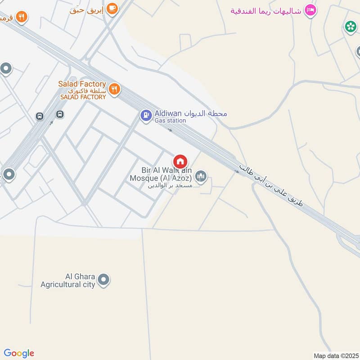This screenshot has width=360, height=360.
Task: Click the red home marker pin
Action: pos(180,161)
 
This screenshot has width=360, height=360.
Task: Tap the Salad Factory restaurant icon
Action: pos(114,89)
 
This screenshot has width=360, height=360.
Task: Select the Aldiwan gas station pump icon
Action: pos(146,116)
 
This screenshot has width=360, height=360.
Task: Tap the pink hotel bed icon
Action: pos(310,10)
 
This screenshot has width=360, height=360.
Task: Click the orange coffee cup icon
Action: pos(112,8)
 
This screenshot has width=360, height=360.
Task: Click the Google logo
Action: pos(19,353)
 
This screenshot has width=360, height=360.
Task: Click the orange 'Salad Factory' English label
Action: pos(82,84)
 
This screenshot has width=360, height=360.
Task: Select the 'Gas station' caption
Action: pos(170,121)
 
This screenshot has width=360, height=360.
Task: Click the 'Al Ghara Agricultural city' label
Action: pos(68,280)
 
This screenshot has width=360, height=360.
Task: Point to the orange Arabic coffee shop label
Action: pos(86,9)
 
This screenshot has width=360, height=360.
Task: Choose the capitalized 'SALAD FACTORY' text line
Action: pos(83,97)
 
